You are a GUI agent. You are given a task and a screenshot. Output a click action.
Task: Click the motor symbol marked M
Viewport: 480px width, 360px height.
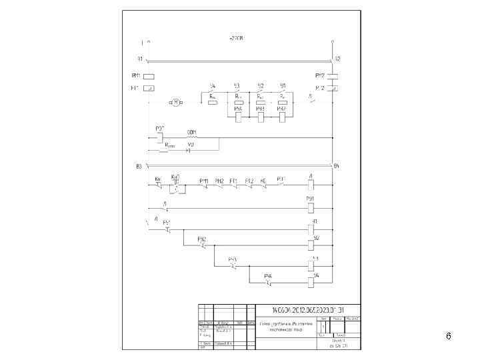click(176, 102)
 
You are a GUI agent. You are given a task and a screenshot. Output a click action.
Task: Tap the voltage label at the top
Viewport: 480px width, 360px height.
click(236, 39)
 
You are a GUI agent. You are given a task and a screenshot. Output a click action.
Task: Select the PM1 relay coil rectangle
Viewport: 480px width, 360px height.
click(149, 76)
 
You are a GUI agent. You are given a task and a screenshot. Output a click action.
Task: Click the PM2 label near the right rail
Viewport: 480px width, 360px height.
click(320, 75)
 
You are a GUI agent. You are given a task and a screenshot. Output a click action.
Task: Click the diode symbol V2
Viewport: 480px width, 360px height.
click(189, 150)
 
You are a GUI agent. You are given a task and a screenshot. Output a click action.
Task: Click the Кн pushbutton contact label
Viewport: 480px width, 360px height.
click(158, 179)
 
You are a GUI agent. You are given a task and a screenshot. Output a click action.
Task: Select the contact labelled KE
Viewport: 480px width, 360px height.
click(263, 181)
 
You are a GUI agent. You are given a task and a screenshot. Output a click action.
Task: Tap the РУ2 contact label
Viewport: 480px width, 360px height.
click(202, 238)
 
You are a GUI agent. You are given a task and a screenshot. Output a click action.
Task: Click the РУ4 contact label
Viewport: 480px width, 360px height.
click(267, 275)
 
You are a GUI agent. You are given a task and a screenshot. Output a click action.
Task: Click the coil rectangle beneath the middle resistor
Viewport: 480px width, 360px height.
click(260, 117)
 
